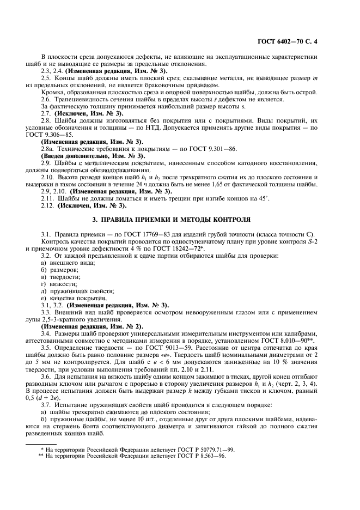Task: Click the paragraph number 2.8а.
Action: tap(48, 149)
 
